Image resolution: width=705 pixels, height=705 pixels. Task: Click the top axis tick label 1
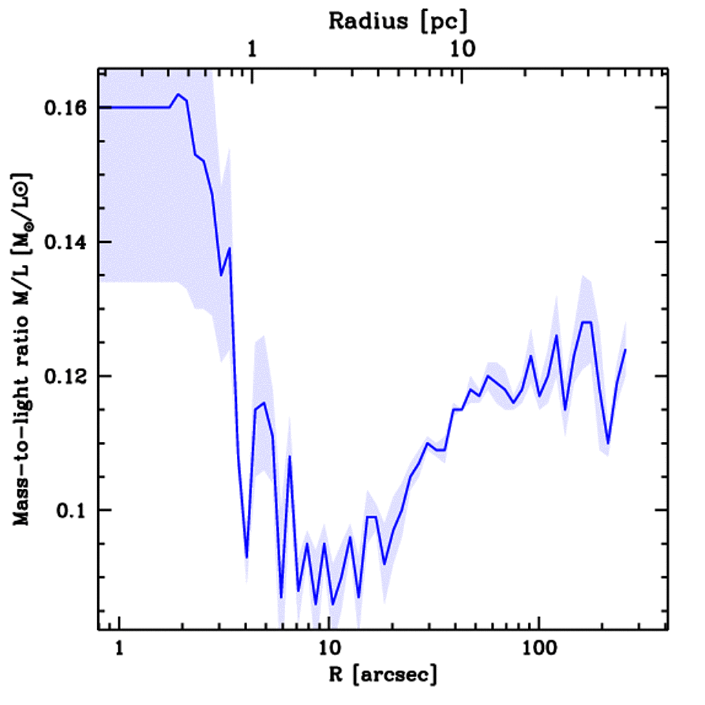253,50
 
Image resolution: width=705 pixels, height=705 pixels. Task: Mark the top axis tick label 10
461,50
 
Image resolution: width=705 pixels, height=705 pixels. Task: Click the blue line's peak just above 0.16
178,94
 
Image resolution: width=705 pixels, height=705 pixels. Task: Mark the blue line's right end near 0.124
625,350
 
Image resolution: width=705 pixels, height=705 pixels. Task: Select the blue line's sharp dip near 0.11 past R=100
608,443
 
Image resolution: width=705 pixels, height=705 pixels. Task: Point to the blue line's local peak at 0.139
229,248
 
